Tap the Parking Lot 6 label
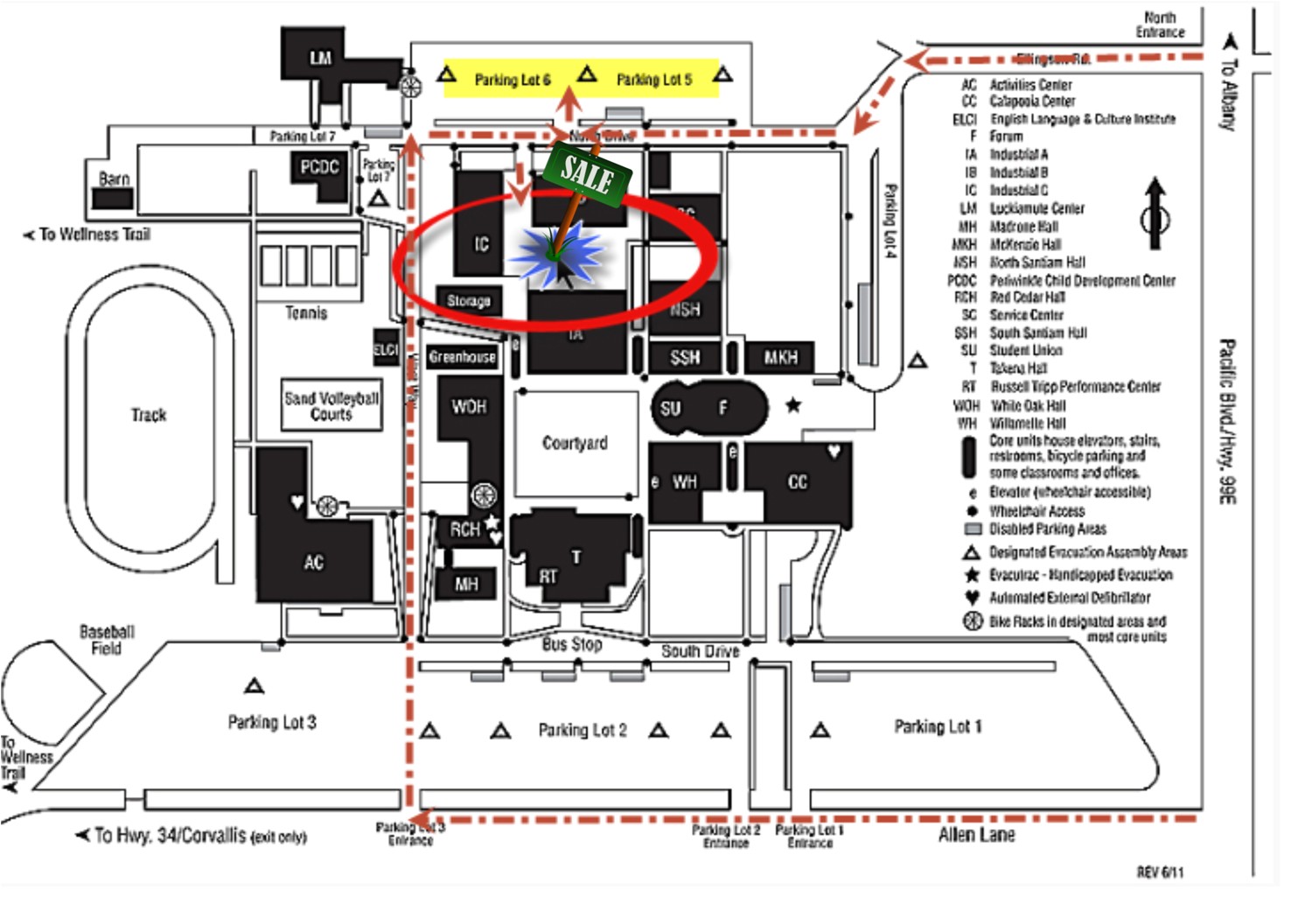pos(513,81)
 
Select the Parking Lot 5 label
pos(653,81)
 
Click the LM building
pos(320,58)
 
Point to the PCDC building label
pos(319,167)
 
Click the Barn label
pos(114,179)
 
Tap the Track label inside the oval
pos(149,415)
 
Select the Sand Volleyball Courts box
pos(331,405)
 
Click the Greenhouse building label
pos(462,357)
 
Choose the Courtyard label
pos(575,443)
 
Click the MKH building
pos(780,358)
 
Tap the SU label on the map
pos(671,409)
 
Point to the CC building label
pos(798,482)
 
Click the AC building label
pos(314,563)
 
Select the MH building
pos(466,584)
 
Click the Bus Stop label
pos(572,645)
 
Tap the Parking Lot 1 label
pos(938,726)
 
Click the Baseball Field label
pos(107,640)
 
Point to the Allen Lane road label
pos(976,835)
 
